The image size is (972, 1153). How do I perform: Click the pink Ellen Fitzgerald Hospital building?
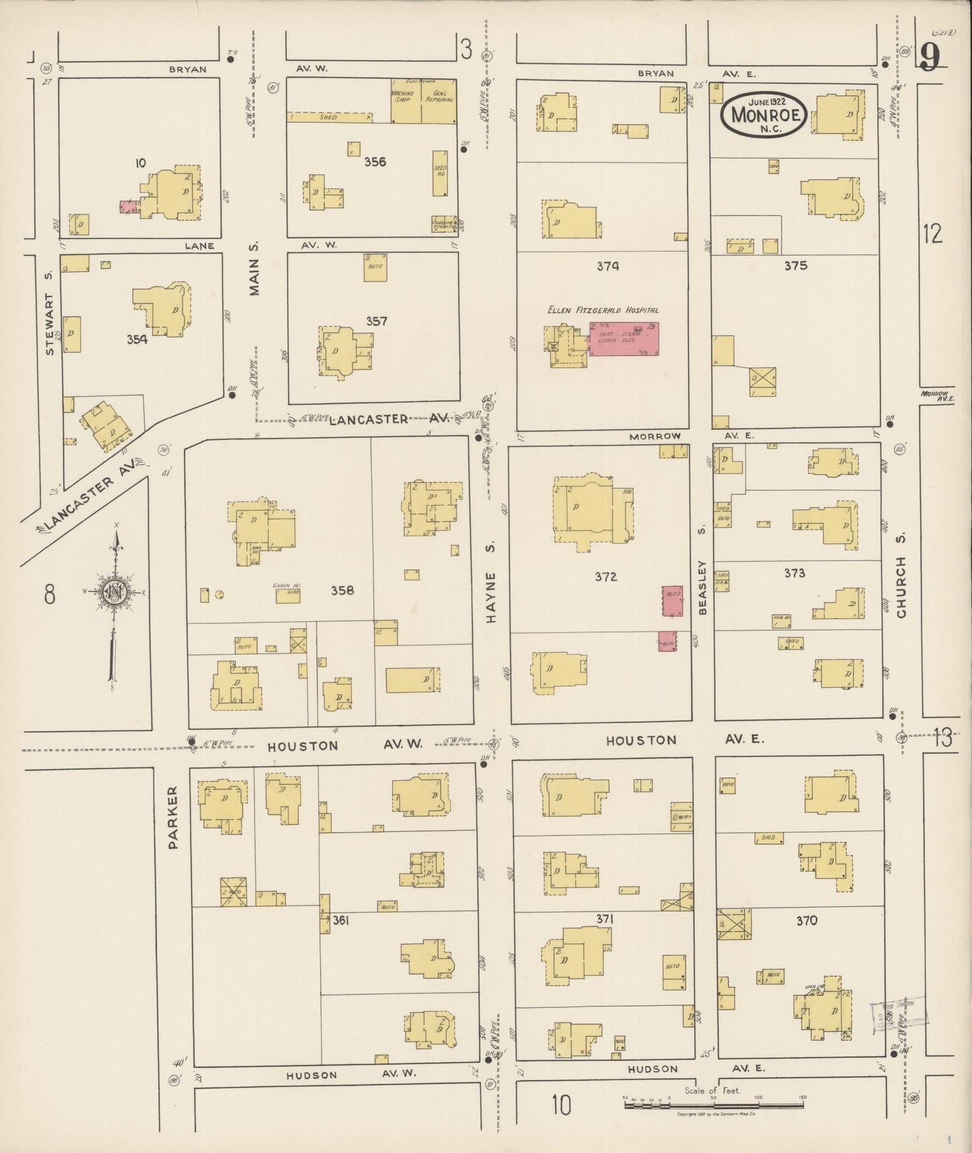624,338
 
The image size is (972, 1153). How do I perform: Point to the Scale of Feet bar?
713,1104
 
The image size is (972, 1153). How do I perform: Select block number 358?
342,591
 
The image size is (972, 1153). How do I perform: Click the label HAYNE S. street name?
492,597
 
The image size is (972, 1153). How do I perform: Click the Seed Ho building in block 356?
440,174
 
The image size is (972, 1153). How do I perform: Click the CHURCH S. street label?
901,587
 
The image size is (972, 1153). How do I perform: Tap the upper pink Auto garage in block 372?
673,600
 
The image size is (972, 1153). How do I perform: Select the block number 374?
607,266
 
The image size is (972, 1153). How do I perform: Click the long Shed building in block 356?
330,117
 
